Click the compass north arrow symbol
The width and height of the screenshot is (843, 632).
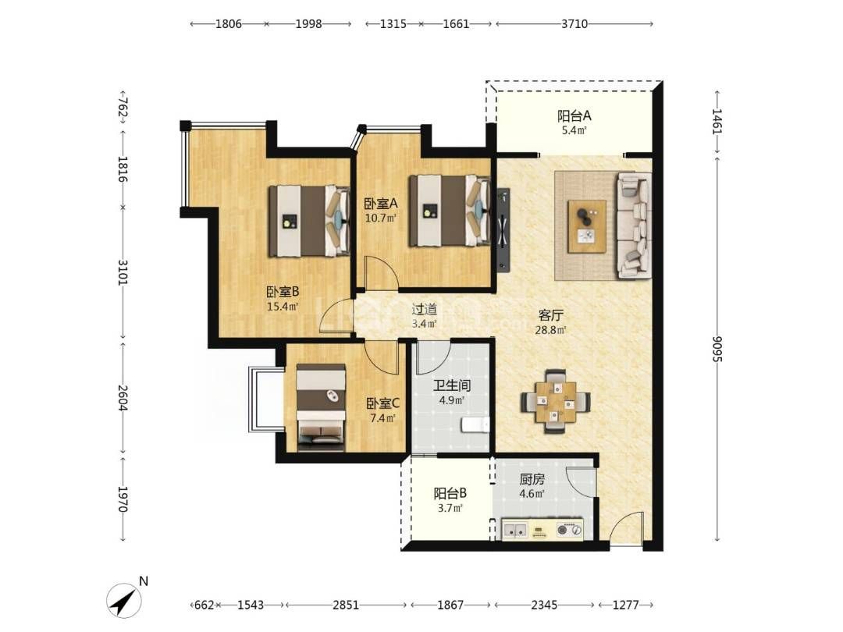[x=124, y=600]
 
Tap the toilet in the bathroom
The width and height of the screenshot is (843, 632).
[x=475, y=424]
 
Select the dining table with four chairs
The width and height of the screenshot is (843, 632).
[x=556, y=402]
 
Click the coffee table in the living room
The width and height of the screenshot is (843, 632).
[x=587, y=226]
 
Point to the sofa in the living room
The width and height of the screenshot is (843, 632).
[x=633, y=225]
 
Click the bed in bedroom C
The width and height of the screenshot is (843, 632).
[x=321, y=407]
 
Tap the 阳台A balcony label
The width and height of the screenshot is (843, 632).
[x=574, y=115]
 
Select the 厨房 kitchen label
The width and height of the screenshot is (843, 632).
[x=532, y=479]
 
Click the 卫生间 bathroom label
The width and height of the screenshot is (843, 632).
[x=452, y=385]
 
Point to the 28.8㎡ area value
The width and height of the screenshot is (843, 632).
[x=550, y=330]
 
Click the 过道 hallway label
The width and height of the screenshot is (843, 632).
[x=424, y=309]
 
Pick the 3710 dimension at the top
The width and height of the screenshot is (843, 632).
[x=574, y=23]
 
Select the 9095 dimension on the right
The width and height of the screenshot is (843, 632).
[x=717, y=350]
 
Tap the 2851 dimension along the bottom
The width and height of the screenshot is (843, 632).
[x=346, y=605]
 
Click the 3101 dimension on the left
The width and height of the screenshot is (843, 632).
[x=123, y=273]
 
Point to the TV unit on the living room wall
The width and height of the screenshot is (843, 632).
[x=503, y=229]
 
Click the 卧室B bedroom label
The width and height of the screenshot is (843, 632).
[x=283, y=292]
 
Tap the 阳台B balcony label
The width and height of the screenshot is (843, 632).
[x=450, y=493]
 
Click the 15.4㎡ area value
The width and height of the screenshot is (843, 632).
[x=283, y=307]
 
